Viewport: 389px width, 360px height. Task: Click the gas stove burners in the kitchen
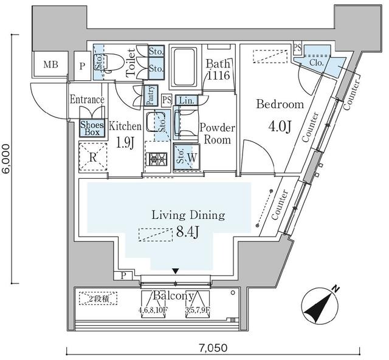157,160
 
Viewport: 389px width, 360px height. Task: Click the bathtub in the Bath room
183,67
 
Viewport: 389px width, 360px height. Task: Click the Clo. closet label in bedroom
315,62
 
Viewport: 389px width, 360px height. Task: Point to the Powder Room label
216,134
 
